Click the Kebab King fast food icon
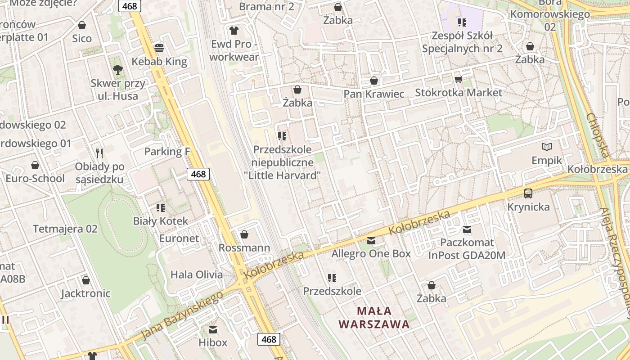tap(159, 48)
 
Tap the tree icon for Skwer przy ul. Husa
tap(118, 70)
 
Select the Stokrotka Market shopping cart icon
tap(458, 80)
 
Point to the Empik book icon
tap(547, 147)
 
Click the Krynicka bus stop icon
tap(528, 193)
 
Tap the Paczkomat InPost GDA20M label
tap(467, 249)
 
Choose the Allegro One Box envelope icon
tap(371, 241)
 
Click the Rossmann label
tap(244, 247)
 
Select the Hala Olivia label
tap(196, 274)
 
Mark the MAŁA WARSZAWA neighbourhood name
tap(374, 317)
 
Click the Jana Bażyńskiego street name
tap(182, 315)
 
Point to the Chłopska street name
tap(598, 135)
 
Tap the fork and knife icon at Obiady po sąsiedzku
tap(99, 153)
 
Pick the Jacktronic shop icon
tap(86, 280)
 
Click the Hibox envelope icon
tap(213, 330)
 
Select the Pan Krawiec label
tap(373, 94)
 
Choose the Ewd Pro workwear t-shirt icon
tap(234, 30)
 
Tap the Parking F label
tap(167, 152)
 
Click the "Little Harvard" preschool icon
tap(282, 136)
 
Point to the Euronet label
tap(179, 238)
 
